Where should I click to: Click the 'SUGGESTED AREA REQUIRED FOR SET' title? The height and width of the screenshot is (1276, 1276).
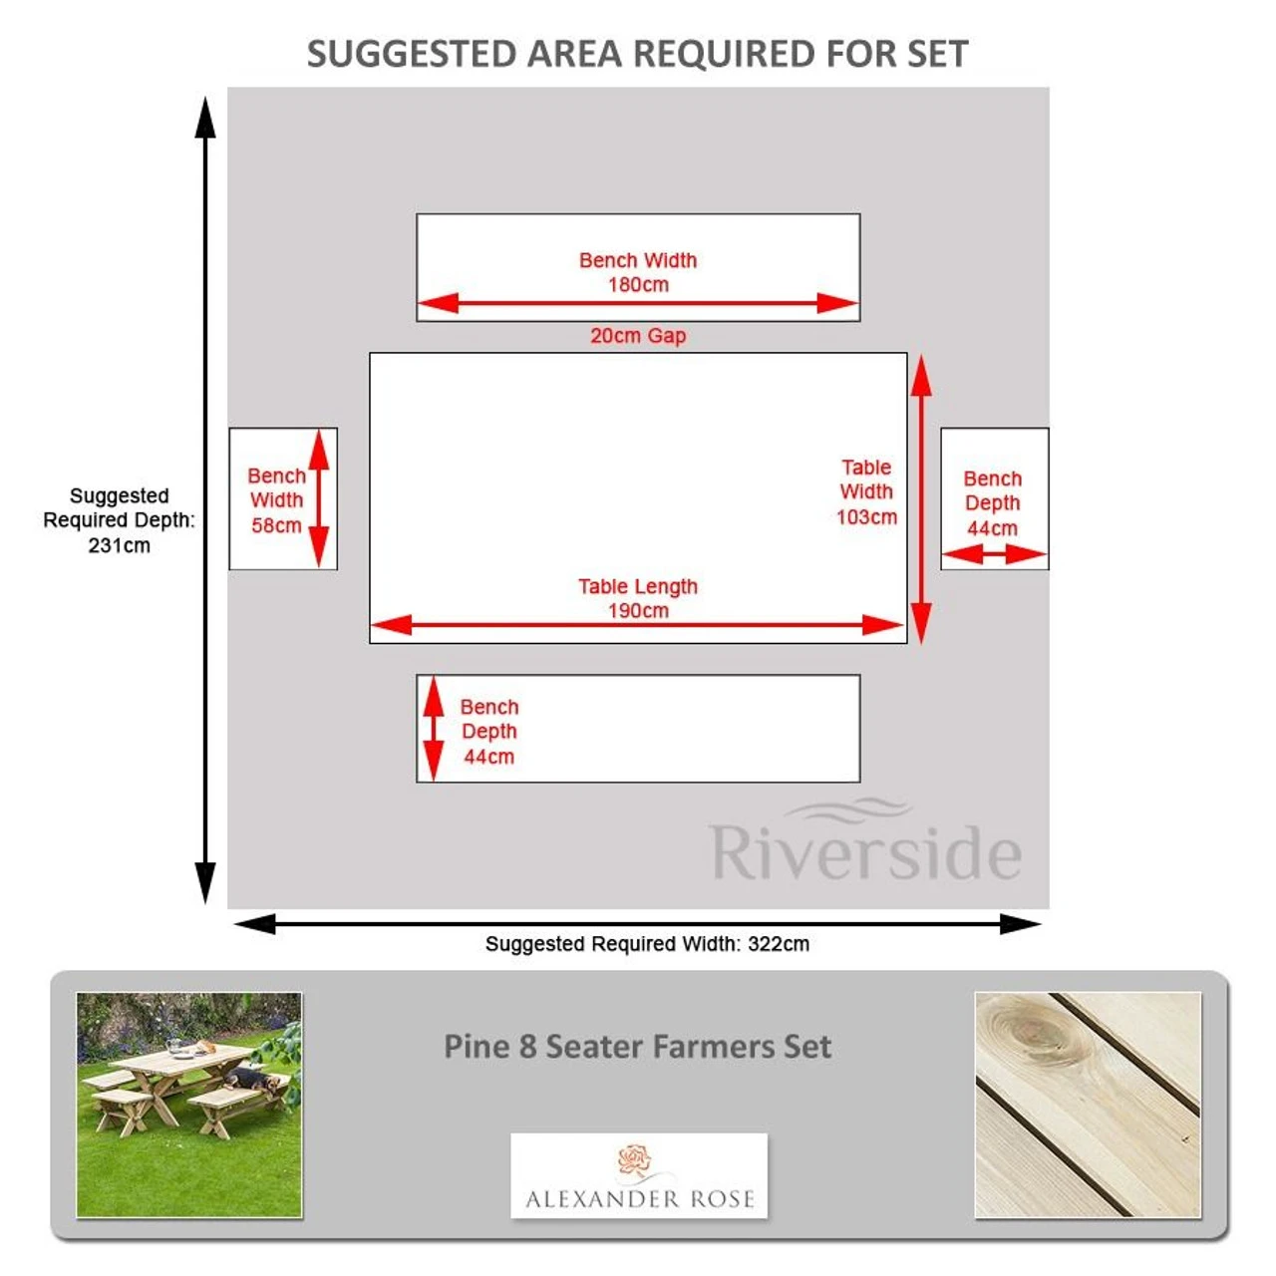pyautogui.click(x=637, y=54)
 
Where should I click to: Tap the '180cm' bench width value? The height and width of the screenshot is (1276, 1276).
pyautogui.click(x=638, y=285)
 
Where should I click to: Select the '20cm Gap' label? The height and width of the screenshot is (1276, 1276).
pyautogui.click(x=638, y=336)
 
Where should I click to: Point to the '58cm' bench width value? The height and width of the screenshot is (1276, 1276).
pyautogui.click(x=276, y=525)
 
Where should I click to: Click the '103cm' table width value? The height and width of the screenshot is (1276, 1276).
pyautogui.click(x=866, y=516)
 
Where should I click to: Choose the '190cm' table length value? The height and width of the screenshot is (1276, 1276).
pyautogui.click(x=638, y=610)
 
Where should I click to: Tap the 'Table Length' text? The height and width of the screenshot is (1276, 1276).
pyautogui.click(x=638, y=586)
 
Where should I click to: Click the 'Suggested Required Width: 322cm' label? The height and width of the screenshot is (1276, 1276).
pyautogui.click(x=647, y=944)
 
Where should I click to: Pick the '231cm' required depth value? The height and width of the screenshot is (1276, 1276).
pyautogui.click(x=120, y=545)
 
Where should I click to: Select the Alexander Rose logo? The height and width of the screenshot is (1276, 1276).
pyautogui.click(x=639, y=1176)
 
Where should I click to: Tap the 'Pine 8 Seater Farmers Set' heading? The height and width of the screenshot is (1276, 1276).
pyautogui.click(x=637, y=1047)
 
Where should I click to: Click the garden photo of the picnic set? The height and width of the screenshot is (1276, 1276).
pyautogui.click(x=189, y=1105)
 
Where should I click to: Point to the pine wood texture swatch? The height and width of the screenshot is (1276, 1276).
pyautogui.click(x=1088, y=1105)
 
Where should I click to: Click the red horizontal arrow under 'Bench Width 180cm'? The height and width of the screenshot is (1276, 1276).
pyautogui.click(x=638, y=303)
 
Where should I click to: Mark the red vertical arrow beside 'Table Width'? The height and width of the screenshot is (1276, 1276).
pyautogui.click(x=921, y=498)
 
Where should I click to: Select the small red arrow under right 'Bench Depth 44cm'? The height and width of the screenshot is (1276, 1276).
pyautogui.click(x=994, y=553)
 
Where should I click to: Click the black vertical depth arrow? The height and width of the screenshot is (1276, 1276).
pyautogui.click(x=205, y=498)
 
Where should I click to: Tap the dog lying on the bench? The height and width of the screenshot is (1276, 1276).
pyautogui.click(x=246, y=1079)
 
